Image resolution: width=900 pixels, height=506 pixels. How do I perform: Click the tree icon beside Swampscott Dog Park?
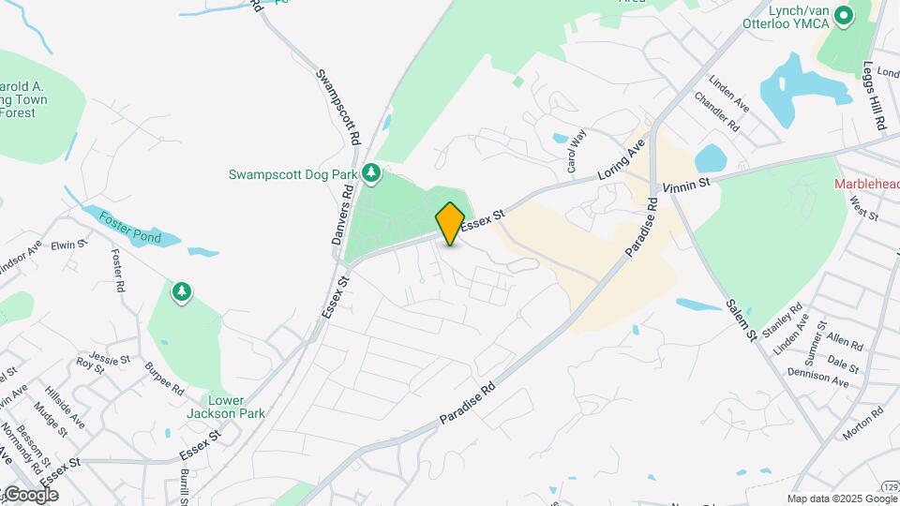click(371, 172)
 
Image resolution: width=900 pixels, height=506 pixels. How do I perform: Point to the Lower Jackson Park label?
click(237, 407)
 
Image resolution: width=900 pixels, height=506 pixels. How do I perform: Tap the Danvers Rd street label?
click(342, 215)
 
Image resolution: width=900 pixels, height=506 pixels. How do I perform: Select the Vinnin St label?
click(686, 186)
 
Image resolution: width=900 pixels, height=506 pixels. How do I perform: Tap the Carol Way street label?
click(576, 151)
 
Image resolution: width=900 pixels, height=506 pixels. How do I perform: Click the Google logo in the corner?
click(31, 495)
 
